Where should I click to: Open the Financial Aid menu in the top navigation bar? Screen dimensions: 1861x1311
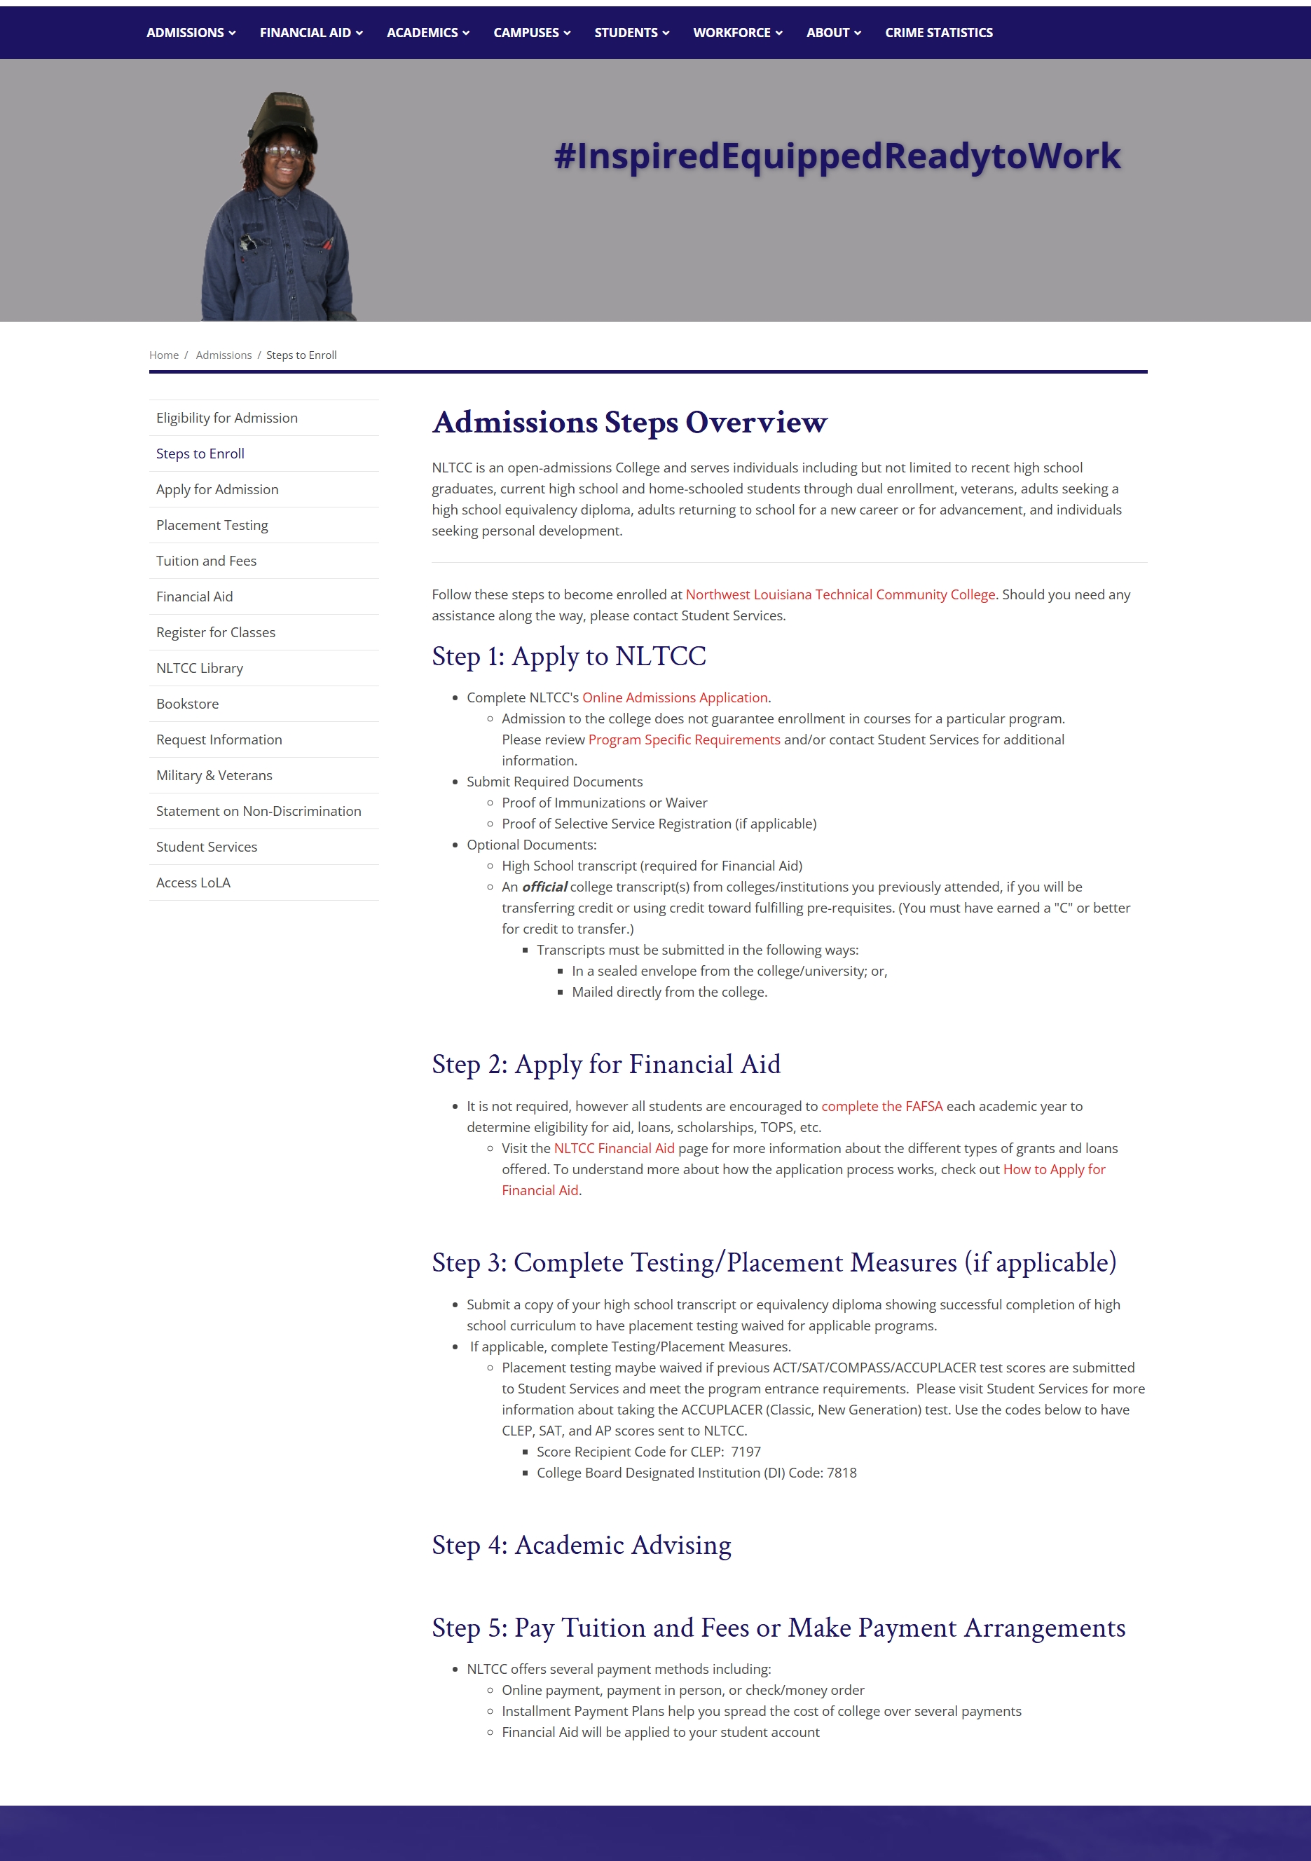tap(310, 32)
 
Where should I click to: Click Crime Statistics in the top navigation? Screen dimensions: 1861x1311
tap(938, 32)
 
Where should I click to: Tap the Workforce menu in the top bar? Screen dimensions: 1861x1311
tap(737, 32)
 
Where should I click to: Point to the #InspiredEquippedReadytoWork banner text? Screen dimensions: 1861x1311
tap(837, 156)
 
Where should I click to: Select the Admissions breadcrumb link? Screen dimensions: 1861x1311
tap(224, 355)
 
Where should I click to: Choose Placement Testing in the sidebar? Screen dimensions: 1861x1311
tap(212, 525)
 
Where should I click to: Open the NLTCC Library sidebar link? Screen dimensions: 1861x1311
tap(199, 668)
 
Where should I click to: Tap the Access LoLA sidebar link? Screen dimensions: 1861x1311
tap(193, 882)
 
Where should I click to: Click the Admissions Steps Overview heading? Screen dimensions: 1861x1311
tap(629, 422)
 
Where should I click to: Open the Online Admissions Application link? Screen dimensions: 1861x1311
tap(675, 698)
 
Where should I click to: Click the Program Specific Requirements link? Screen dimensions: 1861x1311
tap(684, 740)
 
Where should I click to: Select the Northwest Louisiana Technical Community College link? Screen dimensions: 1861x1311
tap(840, 595)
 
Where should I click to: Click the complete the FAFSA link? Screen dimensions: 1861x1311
tap(881, 1106)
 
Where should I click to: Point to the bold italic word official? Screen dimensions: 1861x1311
tap(544, 887)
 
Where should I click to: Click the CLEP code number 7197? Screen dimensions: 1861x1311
tap(746, 1452)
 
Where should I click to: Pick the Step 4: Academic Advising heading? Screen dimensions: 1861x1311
tap(581, 1546)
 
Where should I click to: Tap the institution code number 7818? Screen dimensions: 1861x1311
tap(841, 1473)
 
